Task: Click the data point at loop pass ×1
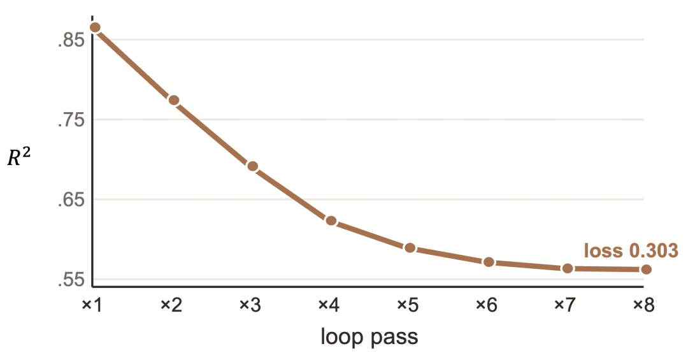coord(95,27)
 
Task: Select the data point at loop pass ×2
coord(174,101)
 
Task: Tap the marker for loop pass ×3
coord(252,166)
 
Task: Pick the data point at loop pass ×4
coord(331,221)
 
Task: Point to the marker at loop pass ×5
coord(410,248)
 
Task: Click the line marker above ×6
coord(489,262)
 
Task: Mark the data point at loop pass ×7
coord(568,268)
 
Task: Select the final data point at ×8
coord(646,269)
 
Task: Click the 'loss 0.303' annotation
coord(631,250)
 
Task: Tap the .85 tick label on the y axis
coord(71,40)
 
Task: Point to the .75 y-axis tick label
coord(71,120)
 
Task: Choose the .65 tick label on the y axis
coord(71,200)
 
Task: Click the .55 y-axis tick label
coord(71,280)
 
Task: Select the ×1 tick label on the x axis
coord(92,305)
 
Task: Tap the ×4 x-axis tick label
coord(329,305)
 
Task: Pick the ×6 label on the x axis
coord(486,305)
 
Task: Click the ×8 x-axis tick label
coord(643,305)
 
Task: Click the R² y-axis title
coord(19,156)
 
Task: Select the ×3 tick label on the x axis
coord(250,305)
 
